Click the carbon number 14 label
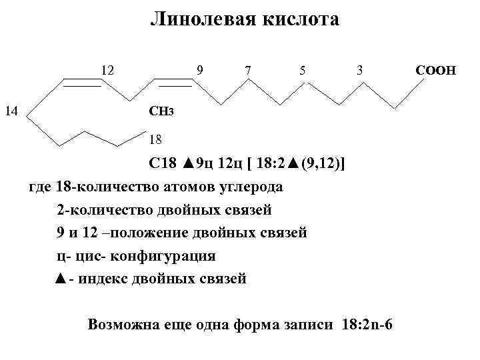tap(11, 111)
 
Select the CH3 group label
tap(163, 111)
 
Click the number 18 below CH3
tap(155, 140)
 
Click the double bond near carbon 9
tap(173, 83)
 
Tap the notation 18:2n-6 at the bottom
tap(367, 325)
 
